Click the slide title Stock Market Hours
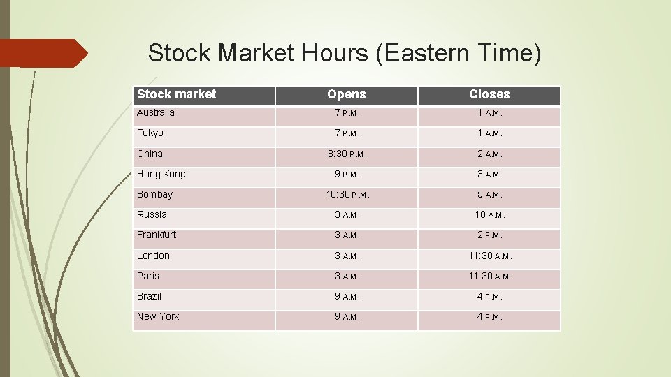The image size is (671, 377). (345, 53)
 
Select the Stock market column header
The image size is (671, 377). (177, 94)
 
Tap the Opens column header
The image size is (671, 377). (346, 94)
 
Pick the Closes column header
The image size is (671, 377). (489, 94)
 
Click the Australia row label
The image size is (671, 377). (156, 113)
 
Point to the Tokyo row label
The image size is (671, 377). (150, 133)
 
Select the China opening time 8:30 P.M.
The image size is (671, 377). (346, 154)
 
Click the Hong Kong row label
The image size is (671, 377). (161, 174)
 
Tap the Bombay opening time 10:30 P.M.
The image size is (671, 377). (347, 195)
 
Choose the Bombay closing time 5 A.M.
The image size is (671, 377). (489, 195)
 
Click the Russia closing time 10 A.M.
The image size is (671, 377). (489, 215)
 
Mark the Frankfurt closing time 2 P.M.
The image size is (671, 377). (489, 235)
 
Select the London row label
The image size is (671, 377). (153, 256)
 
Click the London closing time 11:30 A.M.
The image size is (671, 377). (489, 256)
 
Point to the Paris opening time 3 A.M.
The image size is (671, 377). (346, 276)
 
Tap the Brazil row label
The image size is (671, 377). (149, 297)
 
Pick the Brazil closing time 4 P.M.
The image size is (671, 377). (489, 297)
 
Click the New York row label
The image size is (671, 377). (158, 317)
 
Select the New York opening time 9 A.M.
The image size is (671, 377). (346, 317)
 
